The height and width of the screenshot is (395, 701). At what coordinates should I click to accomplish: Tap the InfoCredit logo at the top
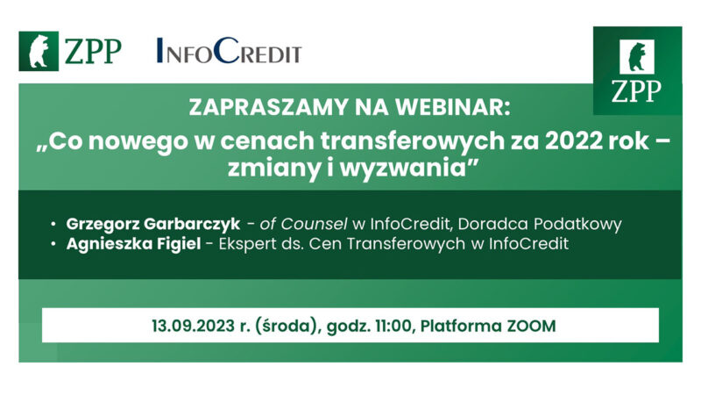pos(228,53)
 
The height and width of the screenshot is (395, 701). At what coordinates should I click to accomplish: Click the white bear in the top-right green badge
pos(637,57)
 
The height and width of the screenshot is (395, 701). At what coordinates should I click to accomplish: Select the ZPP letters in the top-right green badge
pos(637,90)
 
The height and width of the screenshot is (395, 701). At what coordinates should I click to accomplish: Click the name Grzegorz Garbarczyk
pos(152,223)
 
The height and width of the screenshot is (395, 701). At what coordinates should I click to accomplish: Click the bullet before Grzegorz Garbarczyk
pos(54,223)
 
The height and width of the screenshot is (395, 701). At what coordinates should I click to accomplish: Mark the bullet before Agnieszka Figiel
pos(54,243)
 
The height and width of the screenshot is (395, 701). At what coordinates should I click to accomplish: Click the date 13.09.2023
pos(188,325)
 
